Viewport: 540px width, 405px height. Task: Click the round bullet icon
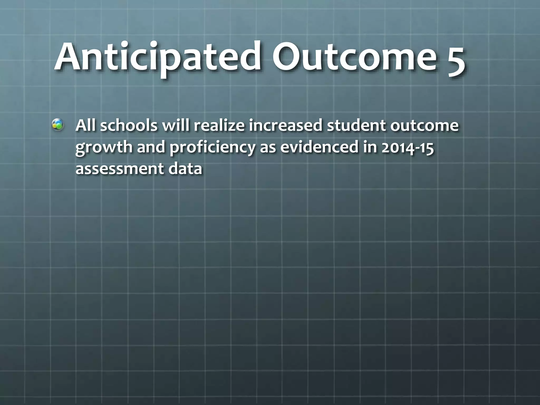57,125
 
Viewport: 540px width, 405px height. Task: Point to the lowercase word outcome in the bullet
424,126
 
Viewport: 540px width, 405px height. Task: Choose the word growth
104,148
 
